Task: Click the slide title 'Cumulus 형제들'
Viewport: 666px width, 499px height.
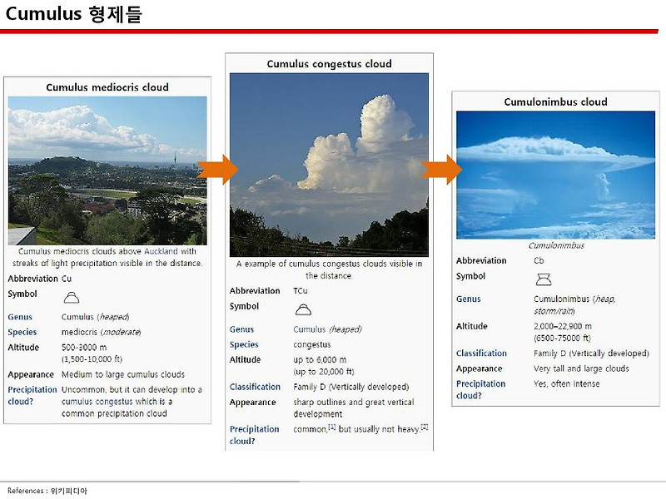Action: (73, 15)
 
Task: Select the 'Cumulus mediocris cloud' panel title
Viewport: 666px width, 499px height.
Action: (107, 87)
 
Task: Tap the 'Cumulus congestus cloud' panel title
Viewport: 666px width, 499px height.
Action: (329, 64)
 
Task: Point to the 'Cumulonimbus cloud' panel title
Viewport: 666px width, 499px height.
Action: (555, 102)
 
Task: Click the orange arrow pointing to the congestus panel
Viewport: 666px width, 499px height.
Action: (217, 170)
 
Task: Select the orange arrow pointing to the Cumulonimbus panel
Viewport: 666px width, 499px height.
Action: (441, 170)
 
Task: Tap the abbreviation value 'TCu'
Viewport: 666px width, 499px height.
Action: (301, 291)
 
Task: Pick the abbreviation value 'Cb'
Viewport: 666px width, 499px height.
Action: (539, 260)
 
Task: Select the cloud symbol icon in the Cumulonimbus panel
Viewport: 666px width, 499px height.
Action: (543, 279)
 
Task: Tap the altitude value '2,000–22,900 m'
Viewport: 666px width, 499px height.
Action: (563, 327)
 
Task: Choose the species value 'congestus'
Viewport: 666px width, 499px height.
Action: (312, 344)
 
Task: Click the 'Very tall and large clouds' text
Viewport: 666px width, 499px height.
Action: (581, 368)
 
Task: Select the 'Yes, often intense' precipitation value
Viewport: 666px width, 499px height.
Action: (567, 383)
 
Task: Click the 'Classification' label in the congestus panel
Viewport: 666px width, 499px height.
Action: (255, 387)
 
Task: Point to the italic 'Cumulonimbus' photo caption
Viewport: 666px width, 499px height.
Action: (556, 245)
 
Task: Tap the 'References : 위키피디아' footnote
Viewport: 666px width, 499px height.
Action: (47, 491)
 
